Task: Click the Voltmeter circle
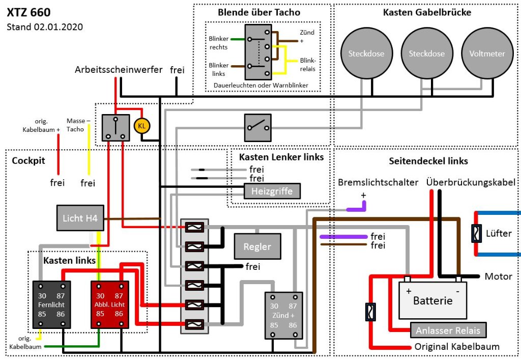(x=487, y=53)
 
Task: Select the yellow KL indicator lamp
(x=141, y=125)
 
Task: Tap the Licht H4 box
(x=80, y=218)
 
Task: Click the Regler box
(x=257, y=247)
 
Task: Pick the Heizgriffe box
(x=272, y=191)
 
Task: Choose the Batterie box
(x=432, y=300)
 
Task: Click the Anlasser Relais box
(x=448, y=330)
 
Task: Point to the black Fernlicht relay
(x=52, y=304)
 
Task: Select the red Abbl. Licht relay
(x=109, y=304)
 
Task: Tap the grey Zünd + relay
(x=283, y=315)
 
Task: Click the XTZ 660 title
(x=28, y=12)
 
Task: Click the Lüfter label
(x=499, y=233)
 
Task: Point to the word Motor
(x=498, y=276)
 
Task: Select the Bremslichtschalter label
(x=378, y=182)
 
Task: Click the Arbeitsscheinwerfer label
(x=119, y=69)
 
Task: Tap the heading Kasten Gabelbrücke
(x=427, y=12)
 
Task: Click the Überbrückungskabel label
(x=471, y=182)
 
